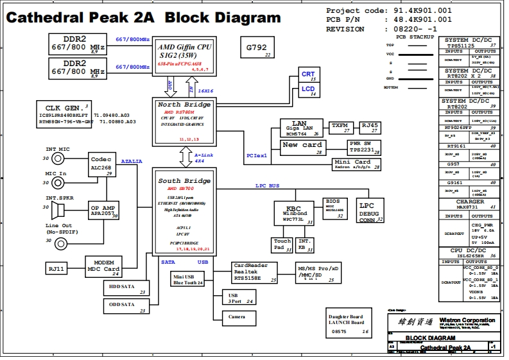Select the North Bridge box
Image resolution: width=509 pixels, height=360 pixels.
pyautogui.click(x=184, y=121)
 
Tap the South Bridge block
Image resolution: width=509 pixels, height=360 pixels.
pyautogui.click(x=184, y=212)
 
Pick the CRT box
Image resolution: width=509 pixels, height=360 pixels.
pyautogui.click(x=308, y=76)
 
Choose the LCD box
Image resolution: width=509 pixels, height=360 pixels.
pyautogui.click(x=308, y=90)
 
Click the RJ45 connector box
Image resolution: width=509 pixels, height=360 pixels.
pyautogui.click(x=370, y=127)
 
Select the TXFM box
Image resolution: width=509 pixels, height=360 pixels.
pyautogui.click(x=339, y=127)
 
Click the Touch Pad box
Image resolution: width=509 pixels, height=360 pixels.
pyautogui.click(x=282, y=244)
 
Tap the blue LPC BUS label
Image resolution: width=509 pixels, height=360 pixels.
pyautogui.click(x=267, y=185)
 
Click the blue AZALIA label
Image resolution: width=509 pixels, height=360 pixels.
pyautogui.click(x=132, y=161)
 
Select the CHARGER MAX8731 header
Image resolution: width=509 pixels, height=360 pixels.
pyautogui.click(x=470, y=204)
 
